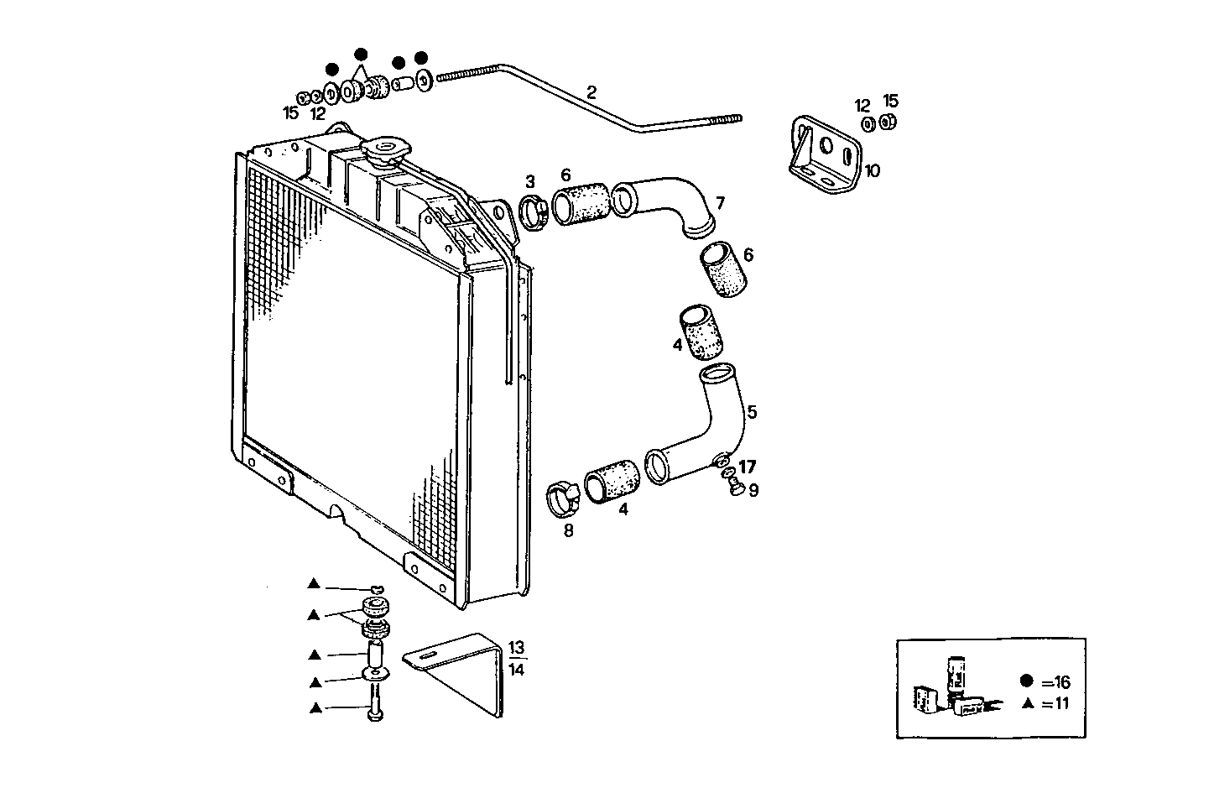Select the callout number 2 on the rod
591,92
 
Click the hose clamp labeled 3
534,211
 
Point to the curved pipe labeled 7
667,204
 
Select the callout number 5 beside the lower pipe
752,412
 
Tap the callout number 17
748,467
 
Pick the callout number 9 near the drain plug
753,490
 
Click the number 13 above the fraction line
516,648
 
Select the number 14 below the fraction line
516,669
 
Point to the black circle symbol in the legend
1026,681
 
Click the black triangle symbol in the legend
1026,704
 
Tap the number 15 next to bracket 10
891,102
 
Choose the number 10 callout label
872,171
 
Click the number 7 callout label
720,203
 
